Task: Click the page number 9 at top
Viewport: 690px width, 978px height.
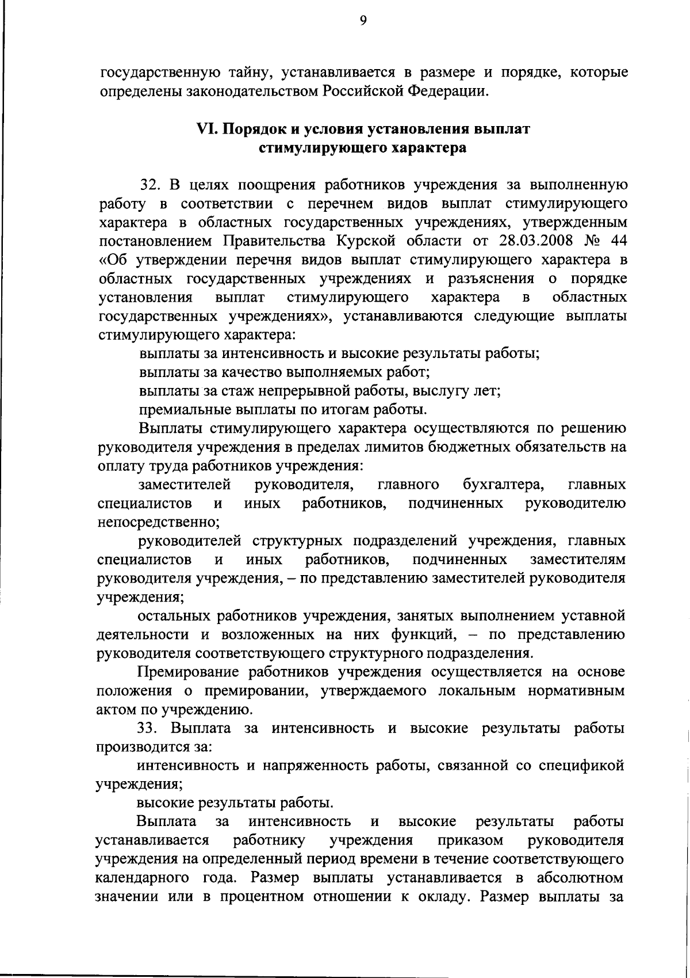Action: (x=363, y=21)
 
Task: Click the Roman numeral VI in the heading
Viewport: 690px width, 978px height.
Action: (x=205, y=129)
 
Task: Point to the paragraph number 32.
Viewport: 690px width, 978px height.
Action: (x=149, y=185)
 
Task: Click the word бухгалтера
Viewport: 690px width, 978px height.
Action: (x=504, y=485)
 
